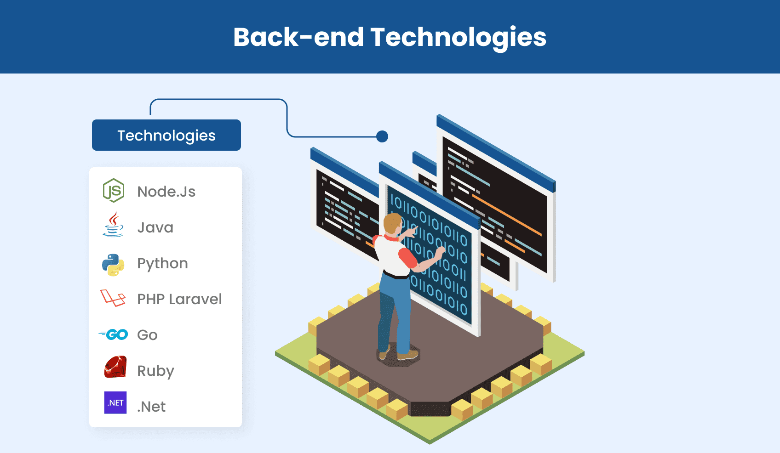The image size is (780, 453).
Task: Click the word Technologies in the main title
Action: click(x=458, y=37)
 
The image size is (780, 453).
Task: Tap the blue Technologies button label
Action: click(x=166, y=136)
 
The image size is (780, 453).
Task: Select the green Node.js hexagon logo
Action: click(x=113, y=190)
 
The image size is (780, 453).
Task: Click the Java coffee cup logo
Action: click(x=113, y=225)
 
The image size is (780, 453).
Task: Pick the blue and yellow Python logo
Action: click(x=113, y=265)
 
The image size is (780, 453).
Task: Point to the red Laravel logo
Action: click(x=113, y=298)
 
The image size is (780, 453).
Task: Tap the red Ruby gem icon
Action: click(x=115, y=367)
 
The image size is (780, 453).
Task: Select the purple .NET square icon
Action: click(x=115, y=402)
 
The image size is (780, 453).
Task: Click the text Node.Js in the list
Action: click(x=166, y=192)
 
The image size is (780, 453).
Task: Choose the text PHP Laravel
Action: click(x=179, y=299)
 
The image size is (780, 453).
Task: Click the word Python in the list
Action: click(x=162, y=263)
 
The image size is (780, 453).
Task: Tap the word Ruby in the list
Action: click(x=155, y=371)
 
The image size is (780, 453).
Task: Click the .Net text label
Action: click(x=151, y=407)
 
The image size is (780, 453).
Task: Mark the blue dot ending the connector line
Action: click(x=382, y=136)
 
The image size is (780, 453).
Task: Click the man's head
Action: click(x=392, y=223)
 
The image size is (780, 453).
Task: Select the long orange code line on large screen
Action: click(x=506, y=215)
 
